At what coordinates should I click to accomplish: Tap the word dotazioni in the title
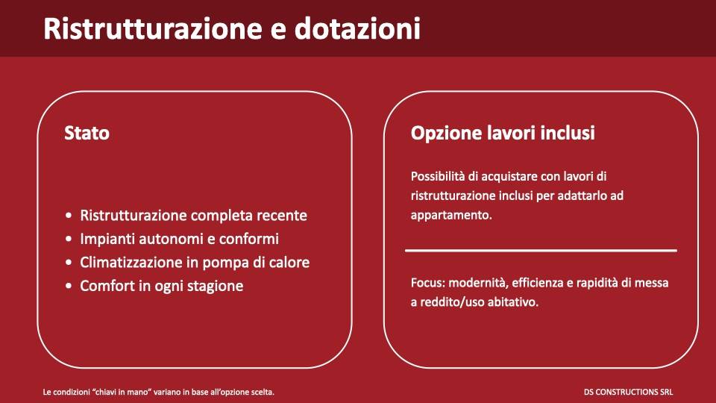(357, 28)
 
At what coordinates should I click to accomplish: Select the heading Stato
(87, 134)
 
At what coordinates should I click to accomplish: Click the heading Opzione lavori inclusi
(503, 134)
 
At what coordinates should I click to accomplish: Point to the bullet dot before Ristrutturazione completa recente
(69, 216)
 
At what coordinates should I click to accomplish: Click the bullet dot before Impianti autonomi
(69, 240)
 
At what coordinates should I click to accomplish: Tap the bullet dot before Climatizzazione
(69, 263)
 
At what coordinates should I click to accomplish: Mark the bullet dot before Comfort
(69, 286)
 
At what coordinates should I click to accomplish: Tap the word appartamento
(450, 215)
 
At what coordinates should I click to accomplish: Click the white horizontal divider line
(541, 251)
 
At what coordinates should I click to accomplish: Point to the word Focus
(426, 284)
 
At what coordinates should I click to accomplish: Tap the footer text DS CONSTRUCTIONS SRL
(629, 392)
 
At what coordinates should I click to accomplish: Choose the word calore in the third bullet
(288, 263)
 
